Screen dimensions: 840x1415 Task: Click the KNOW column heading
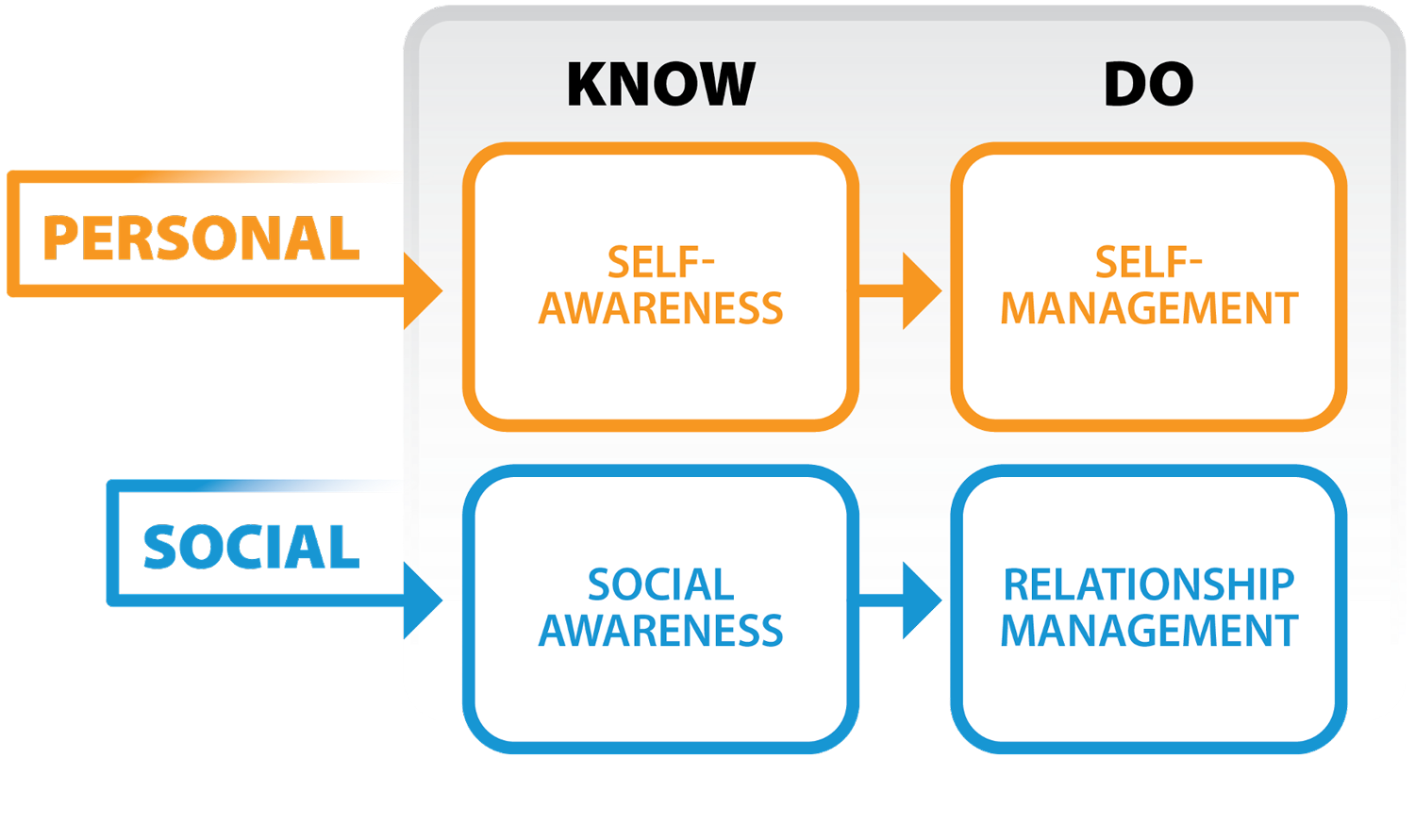coord(660,84)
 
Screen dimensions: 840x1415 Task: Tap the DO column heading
coord(1148,84)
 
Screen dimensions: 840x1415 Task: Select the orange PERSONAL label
coord(201,238)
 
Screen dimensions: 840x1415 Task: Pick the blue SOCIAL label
coord(251,547)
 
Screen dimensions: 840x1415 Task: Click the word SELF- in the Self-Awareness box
coord(660,262)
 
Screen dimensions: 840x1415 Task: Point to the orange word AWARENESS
coord(660,309)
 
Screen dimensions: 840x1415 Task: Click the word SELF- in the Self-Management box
coord(1148,262)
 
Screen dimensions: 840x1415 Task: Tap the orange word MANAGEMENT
coord(1149,309)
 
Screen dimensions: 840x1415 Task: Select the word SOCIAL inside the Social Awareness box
coord(660,585)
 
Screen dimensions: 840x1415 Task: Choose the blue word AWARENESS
coord(660,631)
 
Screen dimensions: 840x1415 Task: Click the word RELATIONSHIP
coord(1148,585)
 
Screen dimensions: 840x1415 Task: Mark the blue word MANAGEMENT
coord(1149,631)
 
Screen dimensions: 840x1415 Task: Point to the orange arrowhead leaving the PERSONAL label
coord(421,290)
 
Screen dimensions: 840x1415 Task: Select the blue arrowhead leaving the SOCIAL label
coord(421,600)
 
